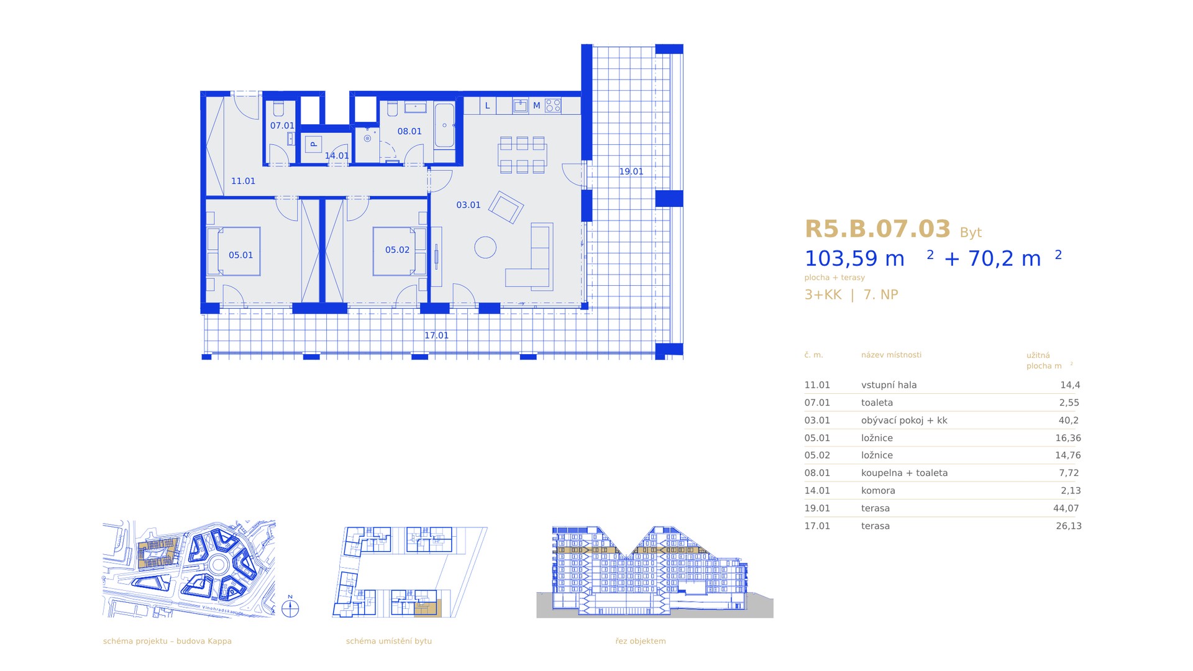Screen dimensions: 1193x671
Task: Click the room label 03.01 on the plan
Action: click(x=469, y=205)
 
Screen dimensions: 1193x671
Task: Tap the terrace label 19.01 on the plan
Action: click(x=631, y=171)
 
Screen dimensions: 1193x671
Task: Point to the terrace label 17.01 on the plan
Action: click(x=436, y=335)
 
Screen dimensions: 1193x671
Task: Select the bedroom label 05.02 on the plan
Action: click(x=397, y=250)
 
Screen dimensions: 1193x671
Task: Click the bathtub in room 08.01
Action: click(x=444, y=126)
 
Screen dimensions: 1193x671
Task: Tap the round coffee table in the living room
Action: click(x=485, y=247)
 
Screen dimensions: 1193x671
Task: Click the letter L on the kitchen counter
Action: click(x=488, y=106)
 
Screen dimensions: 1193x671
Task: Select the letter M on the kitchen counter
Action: click(x=536, y=106)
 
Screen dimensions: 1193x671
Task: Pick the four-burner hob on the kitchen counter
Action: click(x=553, y=106)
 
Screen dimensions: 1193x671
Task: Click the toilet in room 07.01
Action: click(x=278, y=109)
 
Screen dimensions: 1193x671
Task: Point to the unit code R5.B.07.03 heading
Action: click(x=877, y=229)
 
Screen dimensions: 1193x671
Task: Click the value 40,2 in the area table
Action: click(x=1069, y=421)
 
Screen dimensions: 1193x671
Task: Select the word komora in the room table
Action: click(x=878, y=491)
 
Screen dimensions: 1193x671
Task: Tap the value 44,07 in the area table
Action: click(x=1066, y=508)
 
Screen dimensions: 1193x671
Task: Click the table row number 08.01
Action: click(x=817, y=473)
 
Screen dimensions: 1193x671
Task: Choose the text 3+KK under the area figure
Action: click(x=823, y=294)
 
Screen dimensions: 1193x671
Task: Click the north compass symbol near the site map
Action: click(x=290, y=608)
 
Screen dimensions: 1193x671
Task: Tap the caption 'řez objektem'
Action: click(x=641, y=641)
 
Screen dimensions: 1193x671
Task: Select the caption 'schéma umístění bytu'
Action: click(x=389, y=641)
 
